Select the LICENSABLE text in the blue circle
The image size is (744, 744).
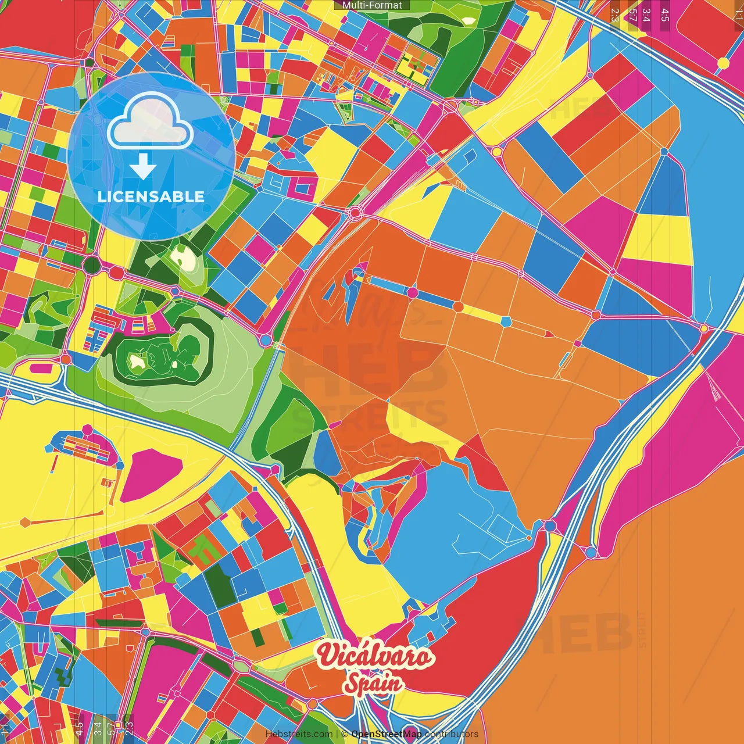point(151,196)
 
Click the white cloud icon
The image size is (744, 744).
point(151,120)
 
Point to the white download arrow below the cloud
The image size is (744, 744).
point(143,166)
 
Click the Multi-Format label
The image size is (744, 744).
point(372,5)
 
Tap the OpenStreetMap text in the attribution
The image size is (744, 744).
point(387,734)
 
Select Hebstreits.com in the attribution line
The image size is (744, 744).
point(299,734)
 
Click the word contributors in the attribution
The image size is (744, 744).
point(451,734)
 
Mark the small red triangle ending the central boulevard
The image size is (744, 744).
point(549,334)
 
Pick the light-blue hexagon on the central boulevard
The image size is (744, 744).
point(506,321)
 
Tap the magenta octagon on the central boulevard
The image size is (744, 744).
point(412,292)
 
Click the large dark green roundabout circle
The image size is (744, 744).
point(92,266)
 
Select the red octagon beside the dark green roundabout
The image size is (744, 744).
point(116,272)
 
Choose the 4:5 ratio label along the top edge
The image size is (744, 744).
point(665,15)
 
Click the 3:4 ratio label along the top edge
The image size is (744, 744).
point(646,15)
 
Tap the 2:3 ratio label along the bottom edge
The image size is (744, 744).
point(129,727)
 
